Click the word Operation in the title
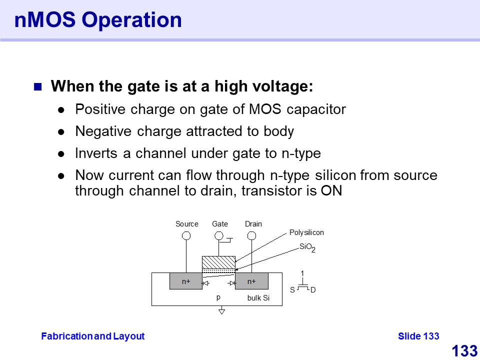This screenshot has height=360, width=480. click(x=131, y=20)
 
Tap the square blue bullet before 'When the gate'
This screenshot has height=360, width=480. click(x=37, y=87)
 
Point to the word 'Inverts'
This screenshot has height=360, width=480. click(x=96, y=153)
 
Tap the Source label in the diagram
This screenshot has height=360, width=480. click(x=186, y=224)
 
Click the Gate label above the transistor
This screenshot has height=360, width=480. click(x=220, y=224)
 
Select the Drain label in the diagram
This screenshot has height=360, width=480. click(x=253, y=224)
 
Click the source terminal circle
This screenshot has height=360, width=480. click(x=186, y=235)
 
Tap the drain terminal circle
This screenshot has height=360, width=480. click(x=251, y=235)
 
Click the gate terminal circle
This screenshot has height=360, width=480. click(x=219, y=235)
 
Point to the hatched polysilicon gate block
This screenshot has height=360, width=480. click(x=218, y=262)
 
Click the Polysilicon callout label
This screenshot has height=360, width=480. click(x=306, y=232)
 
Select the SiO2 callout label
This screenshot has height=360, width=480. click(x=307, y=247)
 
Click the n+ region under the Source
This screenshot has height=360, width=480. click(x=186, y=281)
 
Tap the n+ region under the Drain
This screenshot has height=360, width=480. click(x=251, y=281)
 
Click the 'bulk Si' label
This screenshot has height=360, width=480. click(x=258, y=298)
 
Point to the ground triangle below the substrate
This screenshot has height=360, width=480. click(x=221, y=311)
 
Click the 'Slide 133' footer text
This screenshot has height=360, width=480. click(x=418, y=336)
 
